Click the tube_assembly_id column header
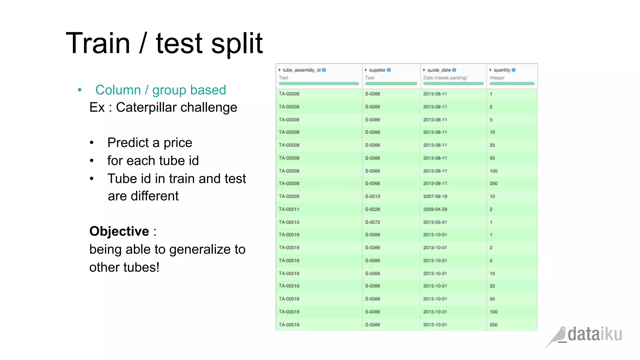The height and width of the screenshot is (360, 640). (x=302, y=70)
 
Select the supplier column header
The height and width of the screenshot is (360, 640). (x=377, y=70)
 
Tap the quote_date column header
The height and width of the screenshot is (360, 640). (x=439, y=70)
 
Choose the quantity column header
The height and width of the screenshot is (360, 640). (x=502, y=70)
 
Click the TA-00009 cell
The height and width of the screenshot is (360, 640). (x=289, y=196)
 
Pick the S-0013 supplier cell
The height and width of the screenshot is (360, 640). (x=372, y=196)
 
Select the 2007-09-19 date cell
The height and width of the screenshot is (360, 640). (x=435, y=196)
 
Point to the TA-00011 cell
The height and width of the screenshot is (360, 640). (x=289, y=209)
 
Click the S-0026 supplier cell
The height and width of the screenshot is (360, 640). (x=372, y=209)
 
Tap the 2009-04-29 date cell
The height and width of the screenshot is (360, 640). (x=435, y=209)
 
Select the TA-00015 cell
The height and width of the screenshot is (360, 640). (x=289, y=222)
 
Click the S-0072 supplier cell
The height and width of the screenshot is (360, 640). (x=372, y=222)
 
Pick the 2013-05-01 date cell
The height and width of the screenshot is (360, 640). (x=435, y=222)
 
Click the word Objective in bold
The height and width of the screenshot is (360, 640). (x=119, y=232)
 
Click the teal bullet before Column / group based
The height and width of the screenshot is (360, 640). (x=80, y=90)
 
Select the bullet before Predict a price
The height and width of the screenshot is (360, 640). (x=92, y=143)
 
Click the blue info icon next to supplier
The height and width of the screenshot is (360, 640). (x=389, y=70)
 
